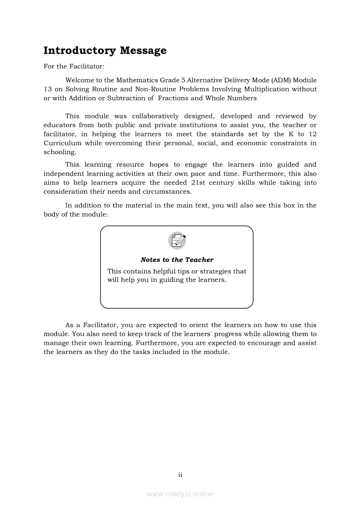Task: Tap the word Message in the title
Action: pyautogui.click(x=143, y=51)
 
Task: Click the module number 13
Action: pyautogui.click(x=48, y=89)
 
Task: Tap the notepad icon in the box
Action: pyautogui.click(x=177, y=241)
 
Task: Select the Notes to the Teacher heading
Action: pyautogui.click(x=177, y=260)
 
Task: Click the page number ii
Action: pyautogui.click(x=180, y=475)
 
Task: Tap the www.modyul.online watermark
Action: pyautogui.click(x=180, y=494)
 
